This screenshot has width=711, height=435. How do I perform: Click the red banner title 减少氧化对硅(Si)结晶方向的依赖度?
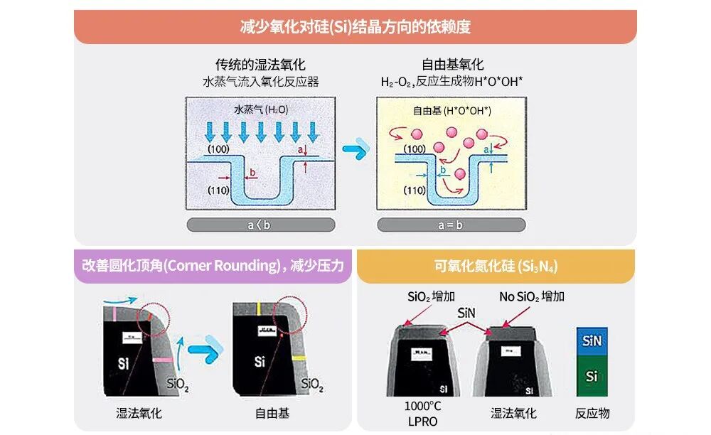[355, 27]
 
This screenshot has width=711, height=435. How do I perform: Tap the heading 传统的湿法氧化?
[260, 65]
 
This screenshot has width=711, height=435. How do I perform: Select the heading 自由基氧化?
[452, 65]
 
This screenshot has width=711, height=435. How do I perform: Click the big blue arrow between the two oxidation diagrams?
[355, 151]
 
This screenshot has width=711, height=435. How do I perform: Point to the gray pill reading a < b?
[260, 225]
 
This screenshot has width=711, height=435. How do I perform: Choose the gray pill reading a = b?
[451, 225]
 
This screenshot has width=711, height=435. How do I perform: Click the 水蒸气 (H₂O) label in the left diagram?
[261, 110]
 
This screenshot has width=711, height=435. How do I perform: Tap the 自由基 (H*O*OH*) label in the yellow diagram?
[452, 111]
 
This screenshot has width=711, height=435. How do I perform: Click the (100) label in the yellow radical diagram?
[415, 149]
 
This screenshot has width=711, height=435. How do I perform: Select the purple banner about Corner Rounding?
[213, 266]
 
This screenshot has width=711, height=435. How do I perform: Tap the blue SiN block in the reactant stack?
[592, 341]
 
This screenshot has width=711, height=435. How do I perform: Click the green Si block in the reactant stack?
[592, 376]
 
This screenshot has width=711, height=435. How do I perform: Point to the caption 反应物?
[592, 413]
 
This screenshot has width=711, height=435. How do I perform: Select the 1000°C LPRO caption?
[422, 414]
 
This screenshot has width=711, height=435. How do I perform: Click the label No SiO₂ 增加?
[532, 296]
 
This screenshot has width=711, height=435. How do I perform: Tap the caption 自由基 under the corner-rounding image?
[272, 413]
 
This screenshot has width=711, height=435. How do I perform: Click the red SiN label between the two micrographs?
[466, 312]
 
